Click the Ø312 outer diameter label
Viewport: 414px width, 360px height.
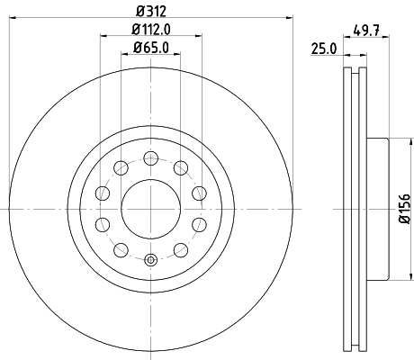tap(150, 11)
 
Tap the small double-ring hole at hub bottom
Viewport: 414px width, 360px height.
tap(150, 261)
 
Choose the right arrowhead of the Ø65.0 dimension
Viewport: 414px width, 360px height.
tap(178, 55)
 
